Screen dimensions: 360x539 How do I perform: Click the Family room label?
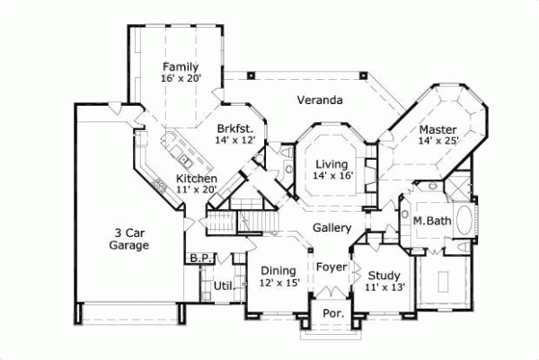pos(180,66)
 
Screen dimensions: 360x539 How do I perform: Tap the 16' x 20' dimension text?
pos(180,79)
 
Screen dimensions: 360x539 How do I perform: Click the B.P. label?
pos(199,259)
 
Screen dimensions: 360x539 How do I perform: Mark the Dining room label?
pos(277,270)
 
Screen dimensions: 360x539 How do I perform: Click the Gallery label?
pos(331,228)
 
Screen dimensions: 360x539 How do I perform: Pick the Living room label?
pos(331,163)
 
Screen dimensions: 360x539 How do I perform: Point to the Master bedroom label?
pos(437,128)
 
